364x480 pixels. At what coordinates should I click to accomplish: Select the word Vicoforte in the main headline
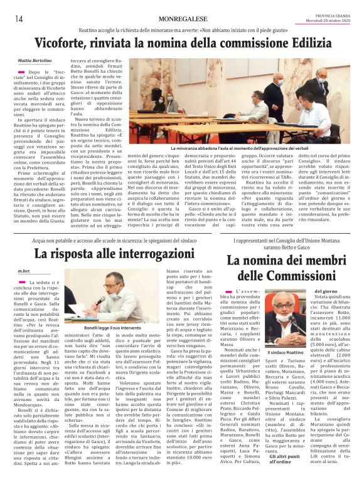click(x=66, y=45)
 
